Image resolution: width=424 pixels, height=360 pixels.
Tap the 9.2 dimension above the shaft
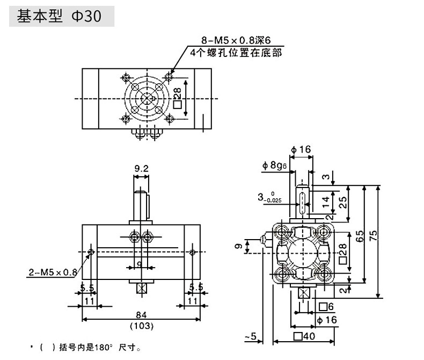coord(142,168)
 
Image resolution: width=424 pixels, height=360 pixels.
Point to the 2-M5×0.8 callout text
coord(52,272)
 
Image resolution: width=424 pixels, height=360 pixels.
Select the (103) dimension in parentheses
coord(142,326)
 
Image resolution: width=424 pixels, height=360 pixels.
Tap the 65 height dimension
coord(360,236)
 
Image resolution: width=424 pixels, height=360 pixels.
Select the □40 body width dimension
coord(304,337)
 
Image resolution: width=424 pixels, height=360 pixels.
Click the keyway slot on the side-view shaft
coord(302,197)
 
